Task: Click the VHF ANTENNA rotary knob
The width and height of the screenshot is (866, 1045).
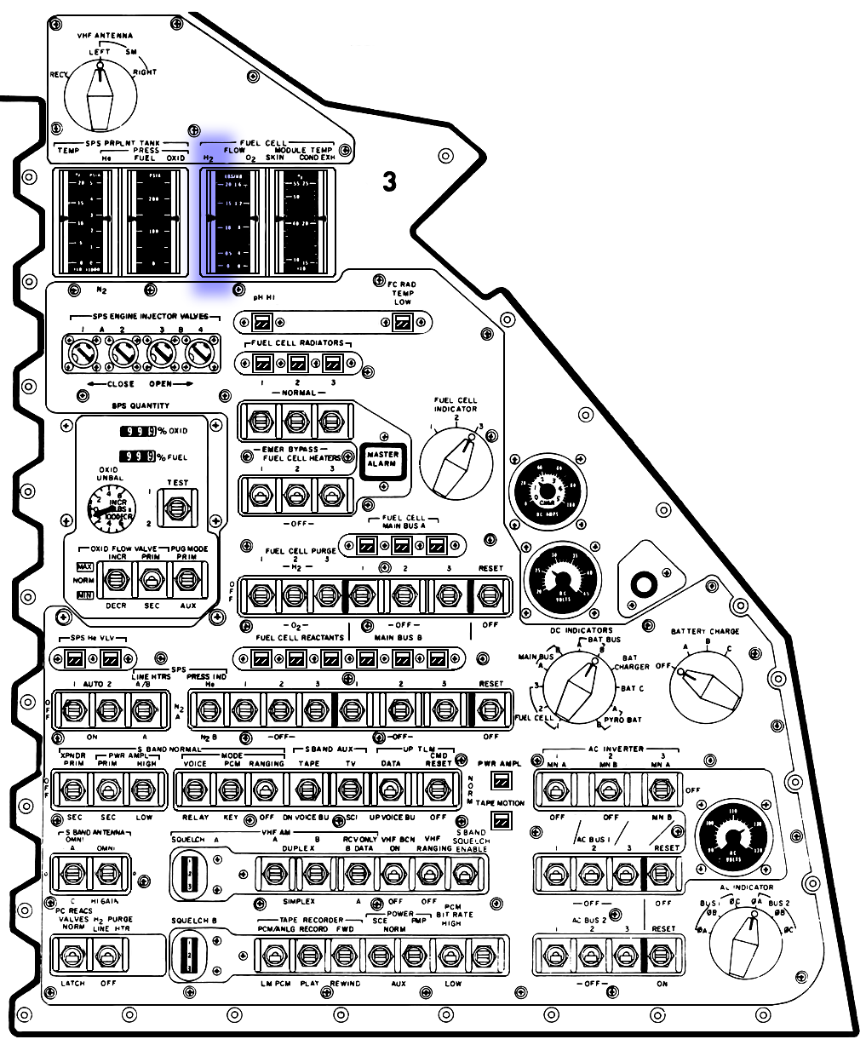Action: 102,95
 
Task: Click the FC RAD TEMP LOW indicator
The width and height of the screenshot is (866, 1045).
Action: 403,322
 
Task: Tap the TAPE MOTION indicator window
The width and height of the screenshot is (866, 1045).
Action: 502,820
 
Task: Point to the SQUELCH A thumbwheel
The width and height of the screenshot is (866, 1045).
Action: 192,875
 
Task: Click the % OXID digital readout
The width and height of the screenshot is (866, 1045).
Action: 138,431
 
